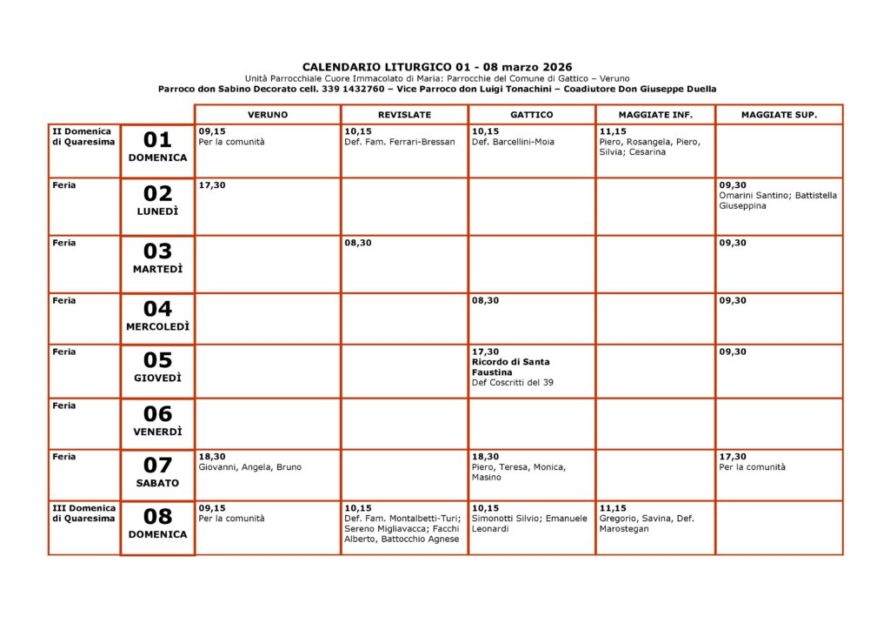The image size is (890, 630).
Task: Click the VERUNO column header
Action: pyautogui.click(x=267, y=115)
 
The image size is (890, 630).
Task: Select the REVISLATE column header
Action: pyautogui.click(x=404, y=115)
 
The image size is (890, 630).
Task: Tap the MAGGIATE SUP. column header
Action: pyautogui.click(x=779, y=115)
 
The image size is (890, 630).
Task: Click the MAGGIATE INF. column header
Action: pyautogui.click(x=655, y=115)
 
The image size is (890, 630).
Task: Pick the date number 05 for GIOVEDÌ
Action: pyautogui.click(x=157, y=360)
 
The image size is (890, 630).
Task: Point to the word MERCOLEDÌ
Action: pyautogui.click(x=157, y=327)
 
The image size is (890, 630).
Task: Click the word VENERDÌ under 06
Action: pyautogui.click(x=157, y=432)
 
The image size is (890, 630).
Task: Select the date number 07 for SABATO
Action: pyautogui.click(x=157, y=466)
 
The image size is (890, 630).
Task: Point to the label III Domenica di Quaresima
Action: pyautogui.click(x=83, y=513)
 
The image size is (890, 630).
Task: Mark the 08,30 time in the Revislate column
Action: pyautogui.click(x=358, y=244)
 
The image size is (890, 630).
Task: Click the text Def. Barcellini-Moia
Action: pyautogui.click(x=513, y=142)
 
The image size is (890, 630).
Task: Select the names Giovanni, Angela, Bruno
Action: pyautogui.click(x=250, y=467)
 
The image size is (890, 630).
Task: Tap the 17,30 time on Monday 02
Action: pyautogui.click(x=212, y=185)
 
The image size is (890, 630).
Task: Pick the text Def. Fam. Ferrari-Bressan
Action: pyautogui.click(x=400, y=142)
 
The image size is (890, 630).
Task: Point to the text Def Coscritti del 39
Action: pyautogui.click(x=513, y=383)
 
